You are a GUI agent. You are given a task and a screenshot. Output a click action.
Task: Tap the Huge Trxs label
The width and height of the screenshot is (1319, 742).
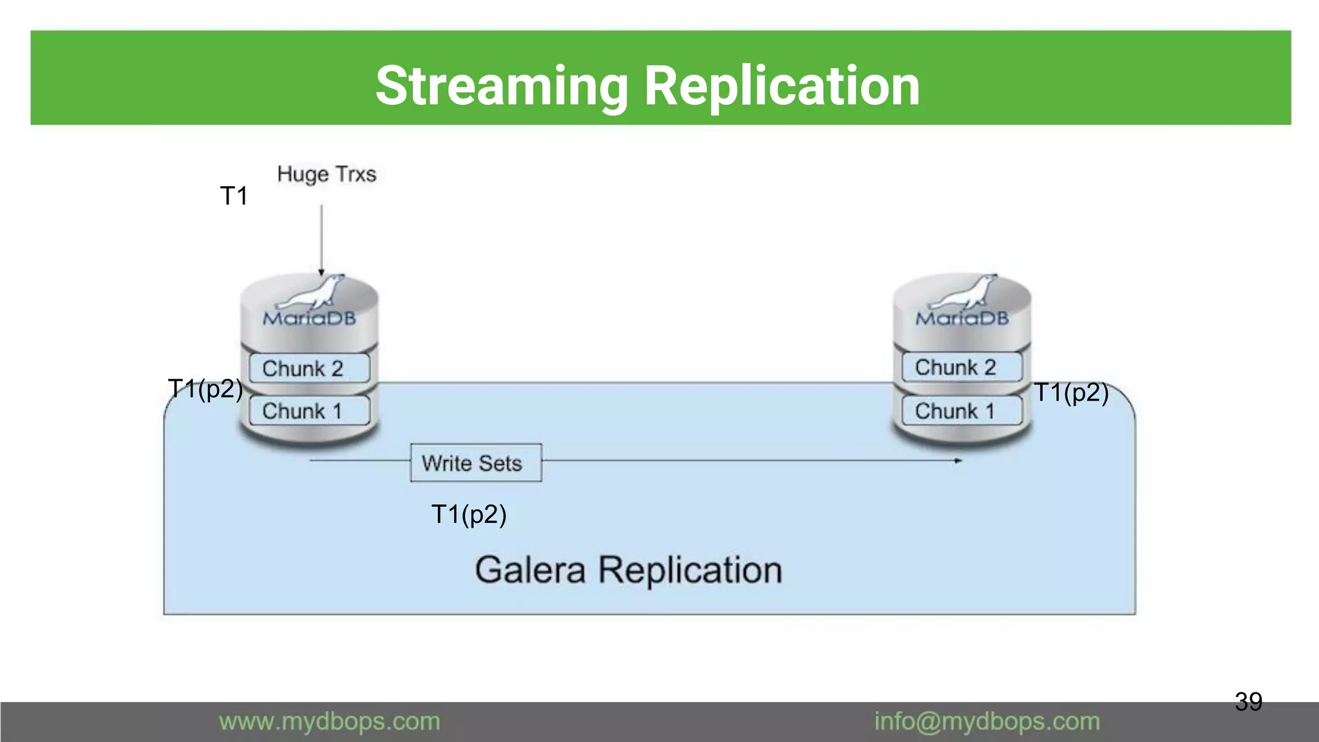[327, 174]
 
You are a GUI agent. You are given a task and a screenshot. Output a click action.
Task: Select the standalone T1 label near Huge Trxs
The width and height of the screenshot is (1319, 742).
[234, 196]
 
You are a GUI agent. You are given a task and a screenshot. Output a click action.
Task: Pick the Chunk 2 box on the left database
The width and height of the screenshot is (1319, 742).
[308, 368]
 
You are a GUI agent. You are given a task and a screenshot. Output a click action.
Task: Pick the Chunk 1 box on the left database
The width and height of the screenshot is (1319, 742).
[308, 411]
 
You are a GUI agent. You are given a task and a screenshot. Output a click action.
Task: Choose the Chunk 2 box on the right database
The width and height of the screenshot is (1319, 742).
[962, 367]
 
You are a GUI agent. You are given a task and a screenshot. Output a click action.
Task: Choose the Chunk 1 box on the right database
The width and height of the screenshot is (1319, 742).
[962, 411]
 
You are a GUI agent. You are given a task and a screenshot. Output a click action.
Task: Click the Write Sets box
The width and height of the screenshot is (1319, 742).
[475, 462]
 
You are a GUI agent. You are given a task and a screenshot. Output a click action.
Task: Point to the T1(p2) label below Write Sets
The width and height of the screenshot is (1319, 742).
[469, 515]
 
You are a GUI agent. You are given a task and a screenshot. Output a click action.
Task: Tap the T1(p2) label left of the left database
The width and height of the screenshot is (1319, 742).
[205, 389]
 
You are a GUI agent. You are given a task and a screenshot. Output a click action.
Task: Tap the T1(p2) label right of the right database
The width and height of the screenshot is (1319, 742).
[1071, 392]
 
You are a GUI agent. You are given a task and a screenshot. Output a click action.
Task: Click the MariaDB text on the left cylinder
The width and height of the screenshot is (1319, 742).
[309, 318]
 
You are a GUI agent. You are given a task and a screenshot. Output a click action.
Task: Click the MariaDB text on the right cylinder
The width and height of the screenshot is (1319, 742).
[962, 318]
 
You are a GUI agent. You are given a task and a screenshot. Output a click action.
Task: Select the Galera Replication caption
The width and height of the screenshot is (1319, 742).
[628, 570]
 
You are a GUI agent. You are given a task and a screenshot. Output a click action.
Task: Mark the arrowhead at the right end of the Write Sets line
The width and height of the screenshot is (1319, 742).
[958, 461]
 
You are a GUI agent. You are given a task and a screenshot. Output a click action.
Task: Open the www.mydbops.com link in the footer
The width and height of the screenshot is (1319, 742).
[330, 721]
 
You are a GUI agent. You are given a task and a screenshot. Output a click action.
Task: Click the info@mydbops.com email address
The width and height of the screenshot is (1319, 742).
[987, 721]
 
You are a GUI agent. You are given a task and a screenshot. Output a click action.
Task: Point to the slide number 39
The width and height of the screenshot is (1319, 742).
[1248, 701]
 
